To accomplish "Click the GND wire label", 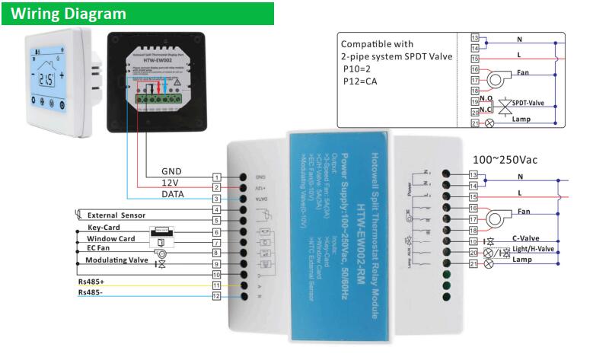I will pyautogui.click(x=172, y=170).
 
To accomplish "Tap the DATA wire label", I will pyautogui.click(x=173, y=195).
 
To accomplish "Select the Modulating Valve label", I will pyautogui.click(x=117, y=260).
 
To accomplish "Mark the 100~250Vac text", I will pyautogui.click(x=505, y=159).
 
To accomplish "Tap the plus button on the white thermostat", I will pyautogui.click(x=62, y=75).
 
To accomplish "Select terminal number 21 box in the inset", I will pyautogui.click(x=476, y=122).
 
